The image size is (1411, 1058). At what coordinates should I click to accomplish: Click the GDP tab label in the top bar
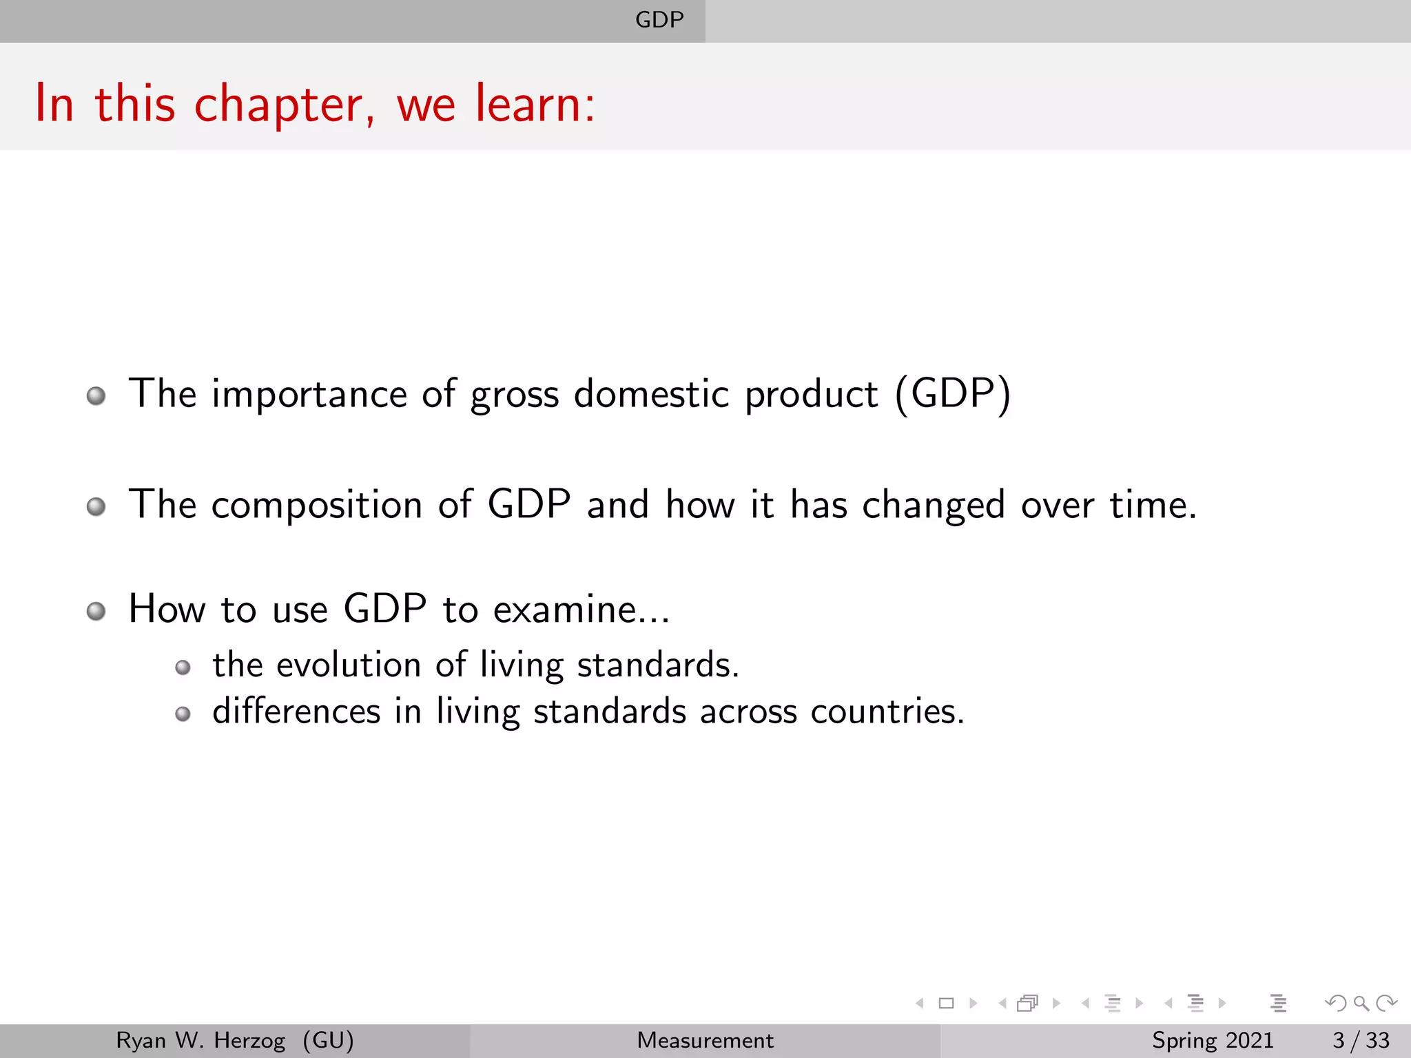pos(659,20)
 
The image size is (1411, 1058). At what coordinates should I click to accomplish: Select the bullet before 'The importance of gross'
pos(96,396)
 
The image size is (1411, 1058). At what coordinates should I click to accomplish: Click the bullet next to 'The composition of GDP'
pos(96,507)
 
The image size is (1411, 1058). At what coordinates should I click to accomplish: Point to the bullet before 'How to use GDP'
pos(96,612)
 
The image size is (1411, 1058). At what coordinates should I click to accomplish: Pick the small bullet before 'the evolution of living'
pos(183,667)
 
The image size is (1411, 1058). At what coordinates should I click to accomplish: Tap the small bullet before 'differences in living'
pos(183,714)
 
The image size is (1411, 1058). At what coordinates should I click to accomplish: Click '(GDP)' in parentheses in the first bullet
pos(953,394)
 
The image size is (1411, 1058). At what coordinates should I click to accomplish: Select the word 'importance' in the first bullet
pos(309,395)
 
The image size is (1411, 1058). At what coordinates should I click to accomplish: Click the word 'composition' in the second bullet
pos(316,506)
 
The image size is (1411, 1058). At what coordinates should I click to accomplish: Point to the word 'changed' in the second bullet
pos(934,506)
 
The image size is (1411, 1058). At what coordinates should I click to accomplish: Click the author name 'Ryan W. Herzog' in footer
pos(200,1040)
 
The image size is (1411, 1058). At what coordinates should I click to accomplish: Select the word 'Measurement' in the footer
pos(705,1040)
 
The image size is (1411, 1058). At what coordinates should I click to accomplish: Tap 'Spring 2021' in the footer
pos(1213,1040)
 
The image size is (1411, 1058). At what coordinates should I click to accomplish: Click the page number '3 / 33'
pos(1361,1040)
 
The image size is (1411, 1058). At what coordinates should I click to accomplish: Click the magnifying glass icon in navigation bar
pos(1361,1004)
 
